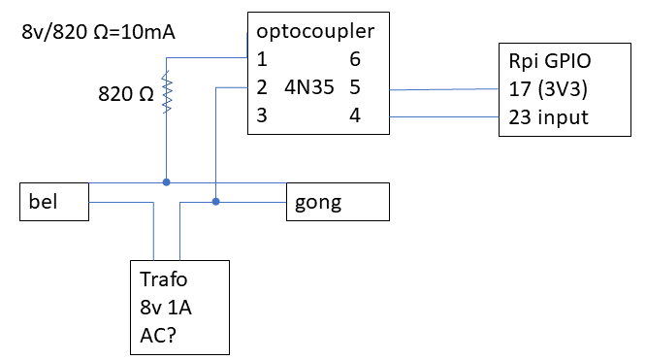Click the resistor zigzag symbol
166,94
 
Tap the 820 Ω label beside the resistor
125,95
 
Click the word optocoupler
315,32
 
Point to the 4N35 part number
309,87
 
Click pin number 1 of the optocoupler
262,59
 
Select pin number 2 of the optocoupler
263,87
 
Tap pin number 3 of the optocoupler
263,115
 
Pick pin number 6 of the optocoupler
354,59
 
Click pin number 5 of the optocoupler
354,87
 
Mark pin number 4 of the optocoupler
354,115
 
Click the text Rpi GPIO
549,61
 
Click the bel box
54,202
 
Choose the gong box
337,202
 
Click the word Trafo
165,279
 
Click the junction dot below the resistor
166,181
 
